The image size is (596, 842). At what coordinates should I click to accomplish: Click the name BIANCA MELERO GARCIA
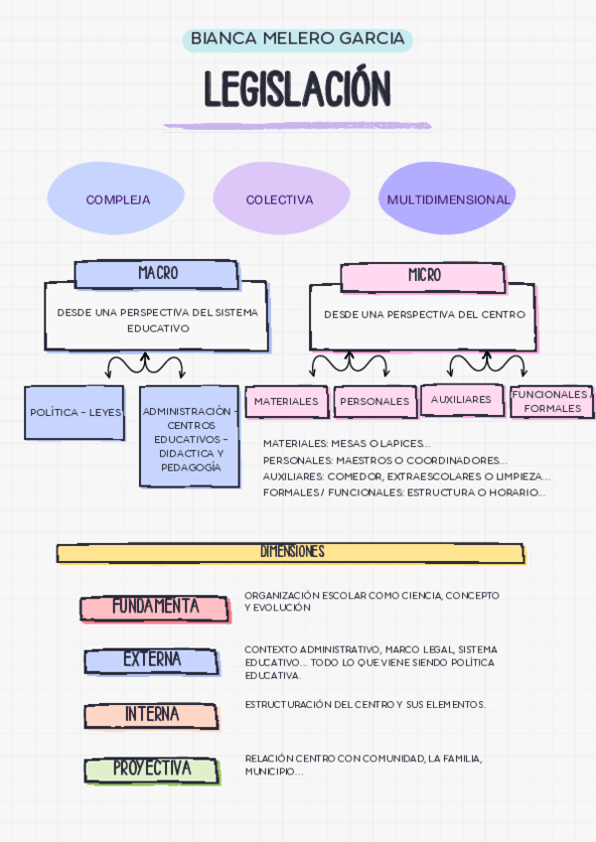[x=298, y=39]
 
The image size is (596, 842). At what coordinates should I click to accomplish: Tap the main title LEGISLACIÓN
[x=298, y=89]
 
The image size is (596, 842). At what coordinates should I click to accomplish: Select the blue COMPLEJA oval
[x=117, y=200]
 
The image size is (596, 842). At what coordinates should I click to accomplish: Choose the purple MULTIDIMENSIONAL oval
[x=448, y=200]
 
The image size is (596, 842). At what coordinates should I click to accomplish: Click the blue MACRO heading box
[x=157, y=273]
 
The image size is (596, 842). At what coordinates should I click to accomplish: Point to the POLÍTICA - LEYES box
[x=74, y=412]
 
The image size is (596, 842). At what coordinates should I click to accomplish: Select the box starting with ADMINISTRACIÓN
[x=189, y=438]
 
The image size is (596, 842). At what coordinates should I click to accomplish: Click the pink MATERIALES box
[x=286, y=401]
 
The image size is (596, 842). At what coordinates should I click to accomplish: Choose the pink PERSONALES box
[x=374, y=401]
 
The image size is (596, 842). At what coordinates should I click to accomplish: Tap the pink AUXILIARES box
[x=461, y=399]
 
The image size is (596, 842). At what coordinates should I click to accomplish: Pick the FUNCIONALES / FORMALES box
[x=551, y=401]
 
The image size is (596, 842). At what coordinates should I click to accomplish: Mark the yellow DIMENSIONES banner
[x=290, y=552]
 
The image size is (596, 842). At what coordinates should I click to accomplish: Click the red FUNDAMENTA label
[x=155, y=607]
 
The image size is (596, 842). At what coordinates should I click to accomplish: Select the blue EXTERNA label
[x=151, y=660]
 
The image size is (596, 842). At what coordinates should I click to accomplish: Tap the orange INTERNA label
[x=151, y=715]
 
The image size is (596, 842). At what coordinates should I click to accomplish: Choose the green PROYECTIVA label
[x=151, y=769]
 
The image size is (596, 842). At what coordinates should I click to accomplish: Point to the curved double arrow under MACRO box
[x=146, y=364]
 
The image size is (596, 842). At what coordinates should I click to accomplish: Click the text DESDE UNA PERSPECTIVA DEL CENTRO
[x=424, y=315]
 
